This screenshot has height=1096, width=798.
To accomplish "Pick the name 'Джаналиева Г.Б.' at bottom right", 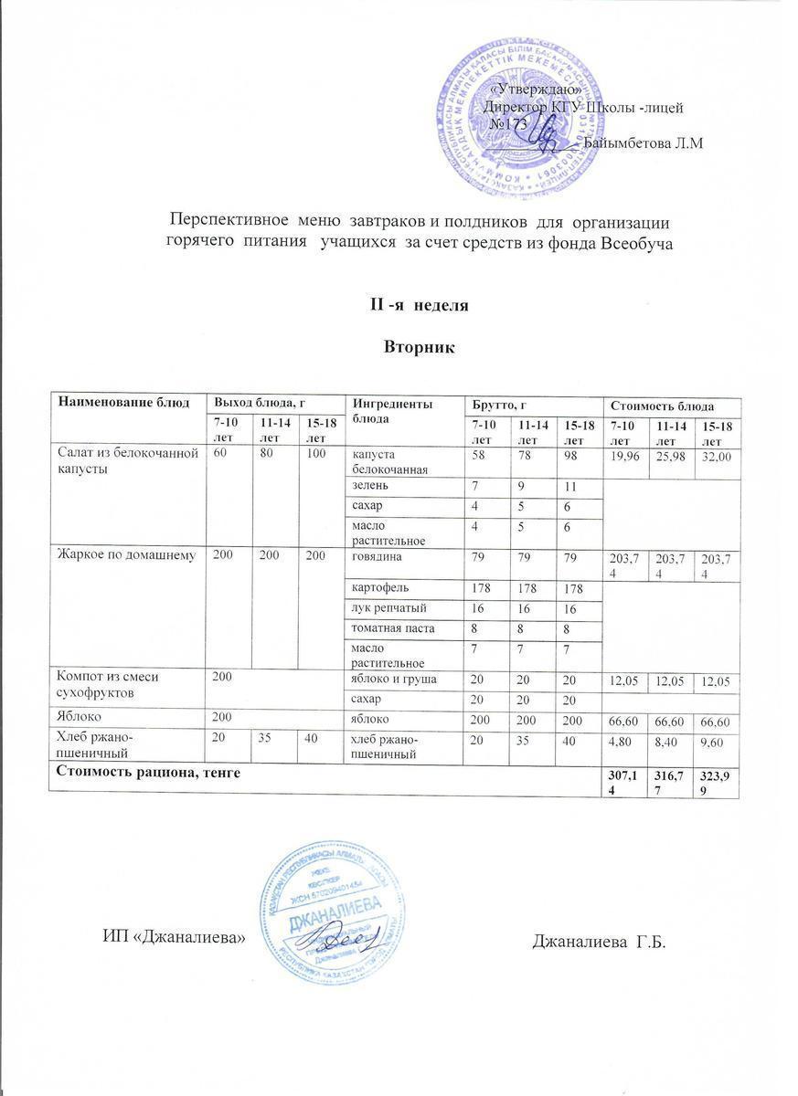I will point(600,941).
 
